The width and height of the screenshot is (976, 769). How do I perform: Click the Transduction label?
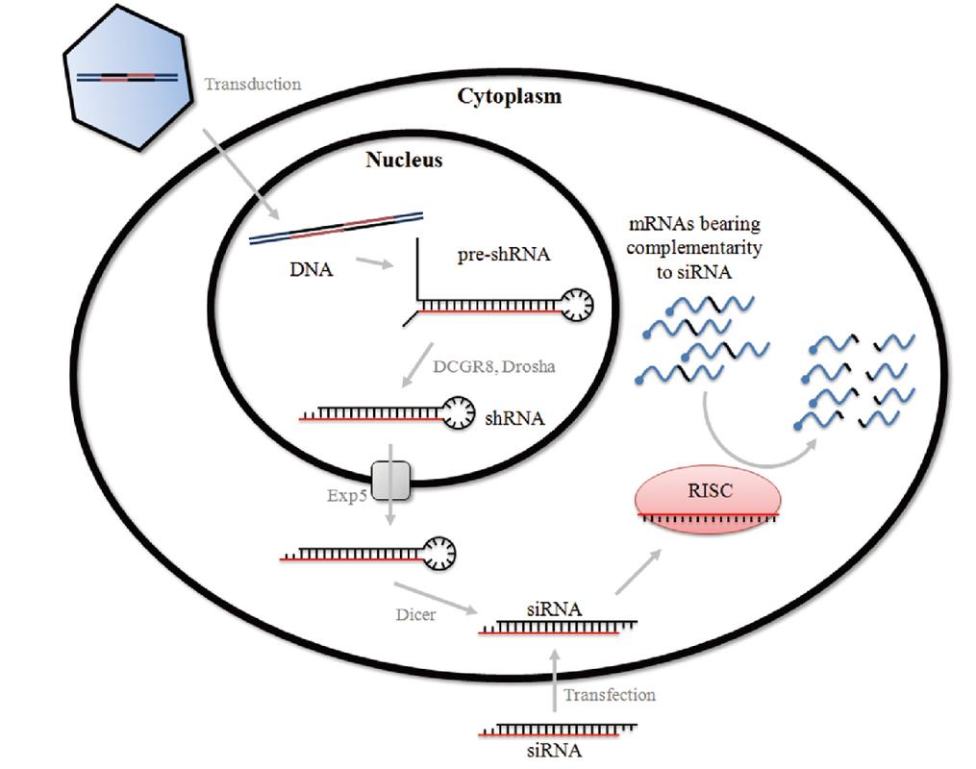point(252,84)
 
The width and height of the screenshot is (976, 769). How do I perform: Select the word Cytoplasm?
point(509,96)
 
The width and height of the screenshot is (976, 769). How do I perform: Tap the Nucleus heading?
point(404,160)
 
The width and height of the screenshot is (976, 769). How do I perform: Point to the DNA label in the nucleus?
point(309,271)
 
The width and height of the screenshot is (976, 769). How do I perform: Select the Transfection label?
point(610,694)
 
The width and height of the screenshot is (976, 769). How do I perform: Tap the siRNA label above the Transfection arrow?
point(553,608)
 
